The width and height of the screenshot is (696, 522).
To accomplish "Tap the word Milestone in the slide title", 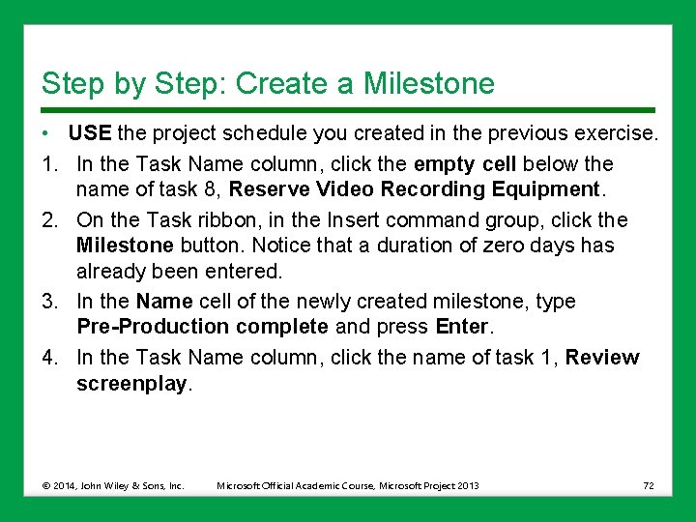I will point(428,84).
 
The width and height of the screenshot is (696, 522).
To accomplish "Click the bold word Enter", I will point(462,327).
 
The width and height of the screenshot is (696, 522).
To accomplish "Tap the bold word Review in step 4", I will point(602,358).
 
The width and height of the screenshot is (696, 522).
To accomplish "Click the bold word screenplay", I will point(132,384).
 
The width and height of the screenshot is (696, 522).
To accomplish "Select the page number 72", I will point(648,485).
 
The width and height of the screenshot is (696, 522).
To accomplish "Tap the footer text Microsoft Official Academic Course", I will point(296,485).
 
